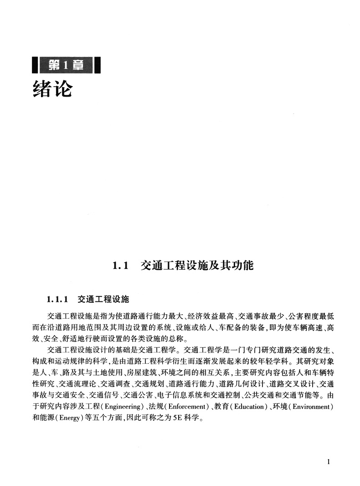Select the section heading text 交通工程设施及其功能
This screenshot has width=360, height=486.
tap(197, 265)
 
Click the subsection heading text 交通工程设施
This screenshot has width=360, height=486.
tap(103, 300)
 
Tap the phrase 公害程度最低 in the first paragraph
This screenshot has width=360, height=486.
tap(311, 315)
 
